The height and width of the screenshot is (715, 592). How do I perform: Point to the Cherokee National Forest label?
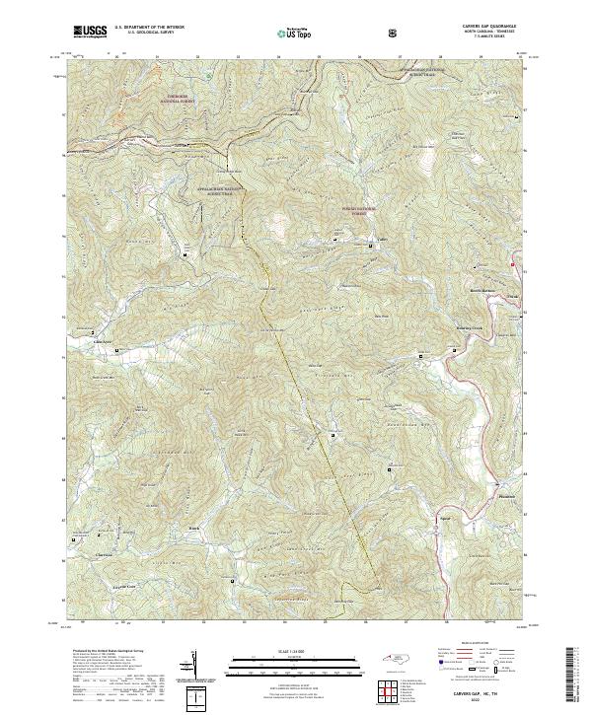(181, 100)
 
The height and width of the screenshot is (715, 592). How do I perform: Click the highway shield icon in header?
(396, 33)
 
